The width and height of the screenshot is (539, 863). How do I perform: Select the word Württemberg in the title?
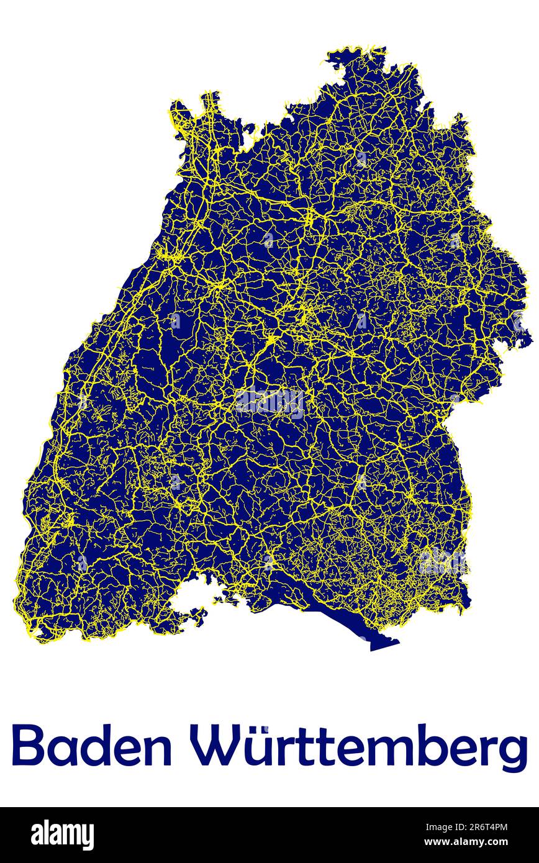click(359, 748)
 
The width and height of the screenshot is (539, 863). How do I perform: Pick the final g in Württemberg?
click(511, 752)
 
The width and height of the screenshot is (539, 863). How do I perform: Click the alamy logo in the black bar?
click(62, 834)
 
